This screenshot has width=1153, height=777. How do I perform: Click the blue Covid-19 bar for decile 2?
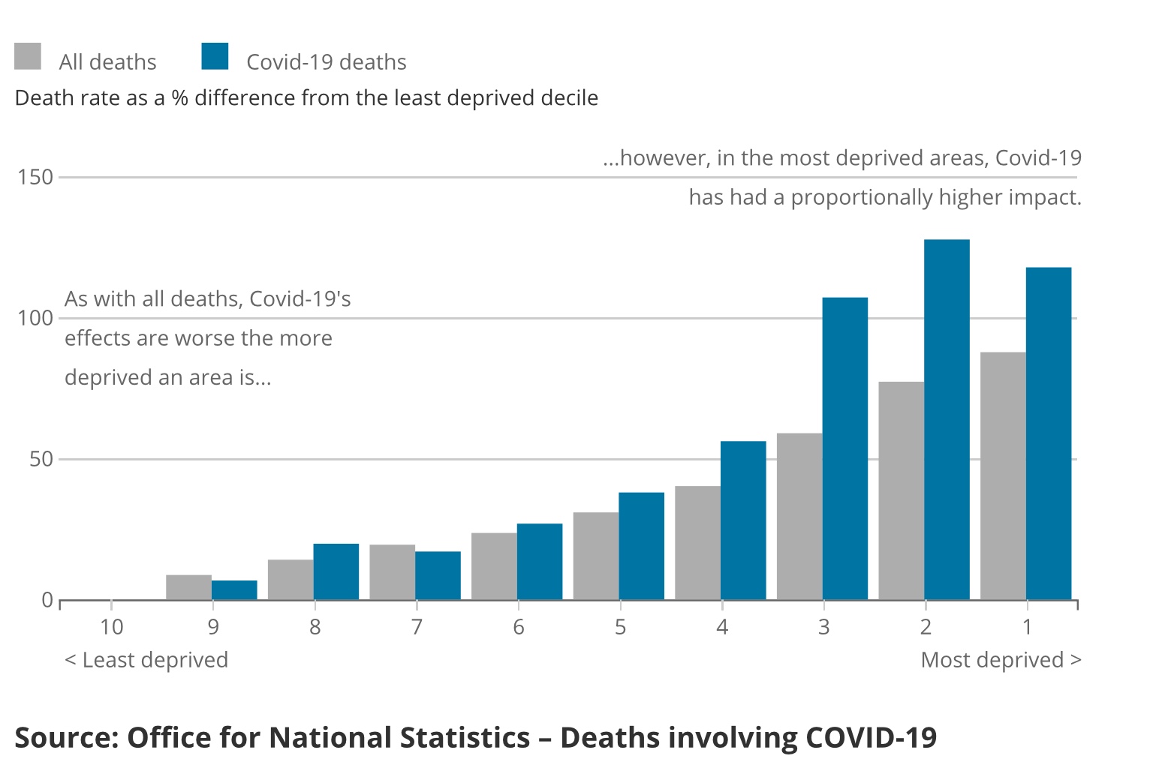click(x=947, y=420)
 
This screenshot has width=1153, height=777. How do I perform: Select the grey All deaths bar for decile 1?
click(x=1003, y=476)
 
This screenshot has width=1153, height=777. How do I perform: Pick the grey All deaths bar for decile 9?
click(x=188, y=587)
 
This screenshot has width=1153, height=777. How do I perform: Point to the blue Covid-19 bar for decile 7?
click(x=438, y=576)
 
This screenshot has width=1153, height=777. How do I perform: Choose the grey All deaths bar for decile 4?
click(x=697, y=543)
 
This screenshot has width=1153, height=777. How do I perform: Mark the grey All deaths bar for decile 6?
click(x=494, y=566)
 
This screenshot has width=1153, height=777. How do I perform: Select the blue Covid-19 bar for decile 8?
click(x=336, y=571)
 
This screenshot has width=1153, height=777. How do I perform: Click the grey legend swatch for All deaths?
click(x=28, y=56)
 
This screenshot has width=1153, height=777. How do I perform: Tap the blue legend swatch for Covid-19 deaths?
click(x=215, y=56)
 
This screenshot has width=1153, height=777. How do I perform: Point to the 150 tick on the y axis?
click(x=36, y=178)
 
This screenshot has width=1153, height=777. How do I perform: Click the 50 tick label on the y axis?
click(x=41, y=459)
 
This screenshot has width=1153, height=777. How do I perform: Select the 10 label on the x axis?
click(x=111, y=627)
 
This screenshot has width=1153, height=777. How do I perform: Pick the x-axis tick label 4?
click(x=722, y=627)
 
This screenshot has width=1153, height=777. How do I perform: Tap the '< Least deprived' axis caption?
click(x=146, y=660)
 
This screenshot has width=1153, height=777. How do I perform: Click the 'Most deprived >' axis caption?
click(x=1001, y=660)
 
